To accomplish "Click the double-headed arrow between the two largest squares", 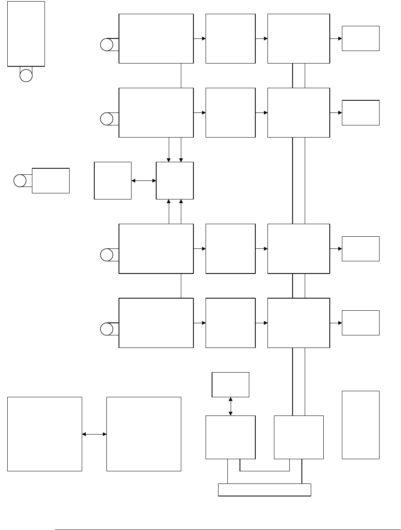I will click(x=94, y=434).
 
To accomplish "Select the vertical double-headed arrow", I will click(x=231, y=406).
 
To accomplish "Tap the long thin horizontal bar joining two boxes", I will click(x=265, y=490).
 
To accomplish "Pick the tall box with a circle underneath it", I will click(x=26, y=34).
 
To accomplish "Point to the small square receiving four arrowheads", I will click(x=175, y=180).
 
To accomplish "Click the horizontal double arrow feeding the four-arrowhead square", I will click(x=144, y=180).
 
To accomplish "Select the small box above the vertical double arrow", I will click(x=231, y=384).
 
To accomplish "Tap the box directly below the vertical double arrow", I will click(x=231, y=437).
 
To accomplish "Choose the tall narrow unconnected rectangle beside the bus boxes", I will click(x=361, y=425).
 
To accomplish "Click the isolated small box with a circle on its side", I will click(x=51, y=180).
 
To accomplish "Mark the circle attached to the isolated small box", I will click(x=20, y=180).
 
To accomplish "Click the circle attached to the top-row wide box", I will click(x=106, y=45).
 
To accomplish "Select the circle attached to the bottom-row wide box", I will click(x=106, y=329).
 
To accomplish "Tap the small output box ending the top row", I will click(x=361, y=38).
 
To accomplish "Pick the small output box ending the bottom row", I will click(x=361, y=323).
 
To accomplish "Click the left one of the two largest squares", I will click(x=45, y=434).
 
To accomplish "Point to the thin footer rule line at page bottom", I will click(x=227, y=529).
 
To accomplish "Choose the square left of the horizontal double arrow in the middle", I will click(x=112, y=180).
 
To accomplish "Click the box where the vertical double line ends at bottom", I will click(x=299, y=437).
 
